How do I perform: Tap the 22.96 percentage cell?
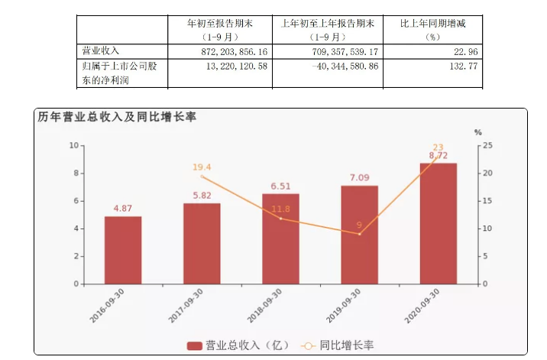(433, 50)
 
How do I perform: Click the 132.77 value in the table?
(432, 68)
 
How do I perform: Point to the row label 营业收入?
(99, 50)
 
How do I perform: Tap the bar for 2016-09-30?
(123, 250)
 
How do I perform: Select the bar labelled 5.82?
(202, 243)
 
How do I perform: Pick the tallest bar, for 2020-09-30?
(439, 223)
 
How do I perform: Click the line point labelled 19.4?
(202, 177)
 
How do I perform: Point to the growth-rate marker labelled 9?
(359, 234)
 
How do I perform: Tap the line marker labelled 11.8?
(280, 219)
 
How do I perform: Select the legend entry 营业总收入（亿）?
(239, 345)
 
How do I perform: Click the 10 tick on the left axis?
(75, 145)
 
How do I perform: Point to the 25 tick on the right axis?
(488, 145)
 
